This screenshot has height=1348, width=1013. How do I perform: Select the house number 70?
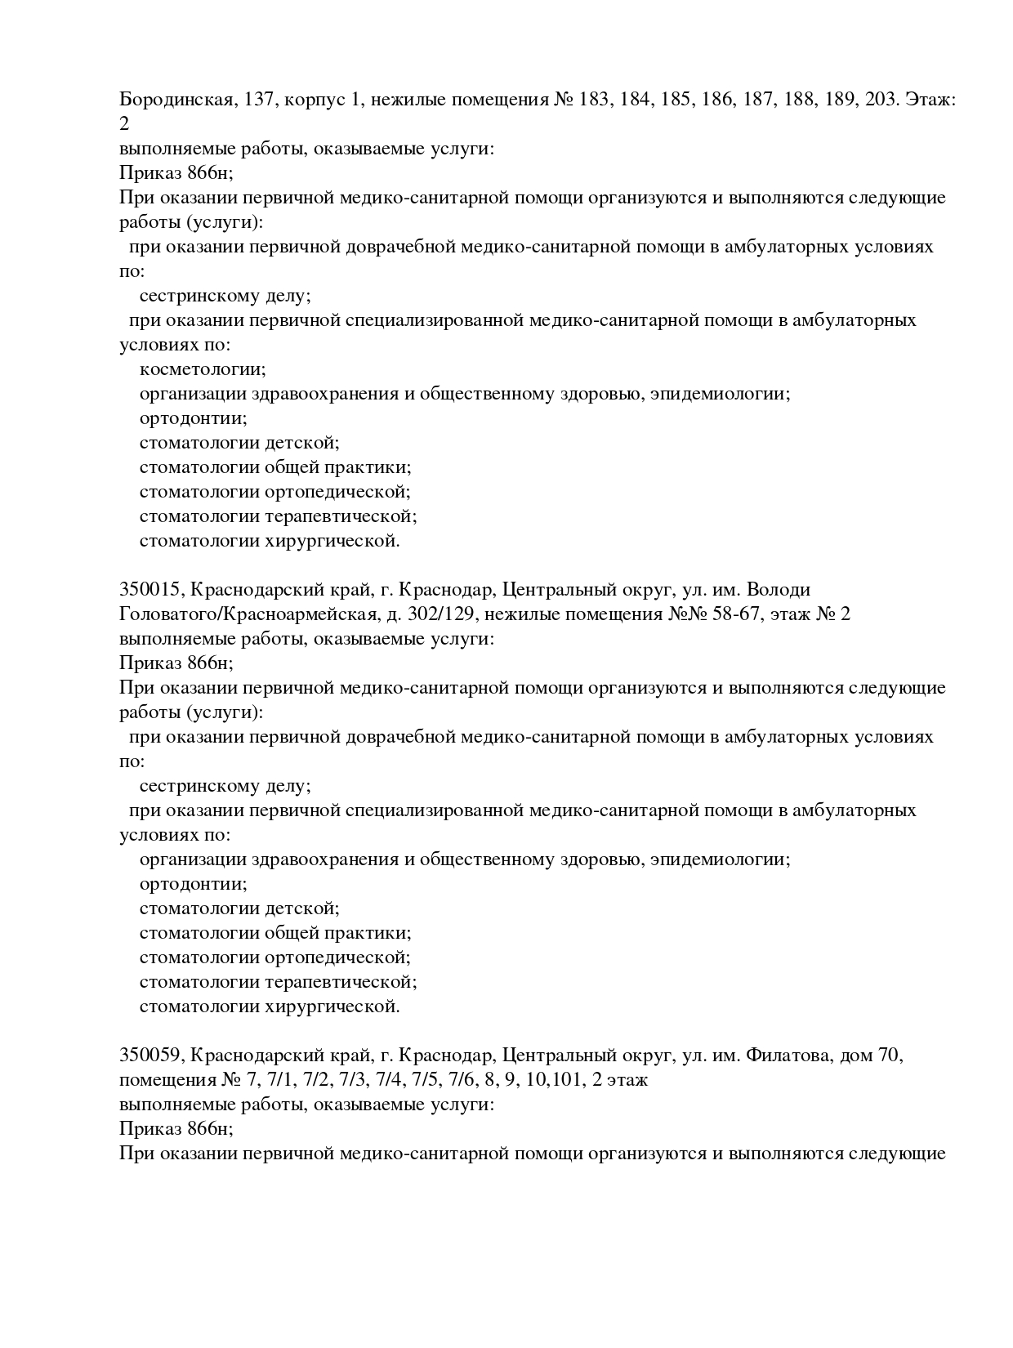tap(887, 1056)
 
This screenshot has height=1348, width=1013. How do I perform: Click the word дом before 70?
tap(853, 1056)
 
